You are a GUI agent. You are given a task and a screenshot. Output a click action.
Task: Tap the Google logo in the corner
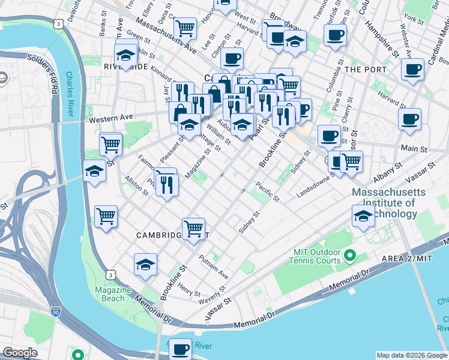(20, 353)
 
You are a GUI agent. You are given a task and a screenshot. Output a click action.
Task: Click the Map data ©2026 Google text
(411, 355)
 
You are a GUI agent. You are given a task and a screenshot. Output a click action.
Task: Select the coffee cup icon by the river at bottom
(180, 348)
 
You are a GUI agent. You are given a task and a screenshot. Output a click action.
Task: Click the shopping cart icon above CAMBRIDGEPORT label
(193, 228)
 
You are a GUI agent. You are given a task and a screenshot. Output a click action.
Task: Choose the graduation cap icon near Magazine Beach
(145, 265)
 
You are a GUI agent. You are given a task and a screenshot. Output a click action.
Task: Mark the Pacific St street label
(267, 191)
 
